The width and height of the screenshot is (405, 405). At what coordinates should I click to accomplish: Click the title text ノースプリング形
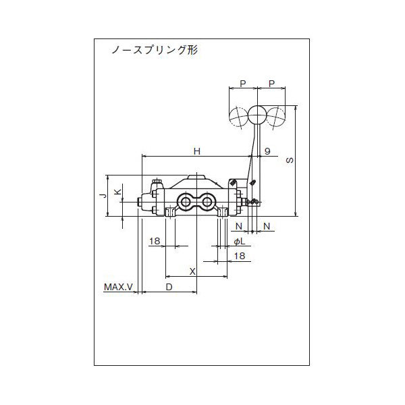154,51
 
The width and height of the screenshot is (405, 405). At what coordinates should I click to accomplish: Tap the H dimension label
196,152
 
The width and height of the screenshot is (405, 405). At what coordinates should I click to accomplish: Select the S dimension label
290,162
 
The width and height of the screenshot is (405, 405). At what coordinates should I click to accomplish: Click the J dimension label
103,195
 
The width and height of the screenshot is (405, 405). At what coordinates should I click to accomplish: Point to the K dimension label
117,193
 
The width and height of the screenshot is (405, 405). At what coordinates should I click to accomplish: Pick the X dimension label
192,271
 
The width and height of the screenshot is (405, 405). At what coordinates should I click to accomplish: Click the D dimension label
169,288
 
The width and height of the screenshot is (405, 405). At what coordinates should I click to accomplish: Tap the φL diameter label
238,241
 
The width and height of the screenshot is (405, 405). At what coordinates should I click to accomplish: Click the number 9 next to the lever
267,152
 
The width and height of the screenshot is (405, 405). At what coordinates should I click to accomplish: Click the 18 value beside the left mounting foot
154,241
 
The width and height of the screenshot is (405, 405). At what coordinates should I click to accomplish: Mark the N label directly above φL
238,225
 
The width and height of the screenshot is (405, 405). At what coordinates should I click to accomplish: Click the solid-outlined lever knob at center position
256,115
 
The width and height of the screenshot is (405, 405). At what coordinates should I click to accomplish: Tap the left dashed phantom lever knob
238,117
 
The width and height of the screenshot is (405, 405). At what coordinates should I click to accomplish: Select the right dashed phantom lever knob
276,117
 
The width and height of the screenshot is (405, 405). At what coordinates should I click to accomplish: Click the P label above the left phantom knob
242,84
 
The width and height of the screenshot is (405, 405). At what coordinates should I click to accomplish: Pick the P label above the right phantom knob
271,84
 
